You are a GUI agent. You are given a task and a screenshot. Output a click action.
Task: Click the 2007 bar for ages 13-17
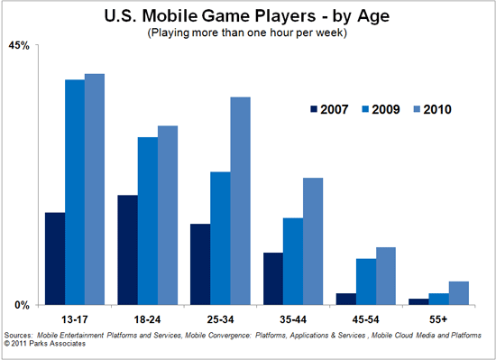click(54, 259)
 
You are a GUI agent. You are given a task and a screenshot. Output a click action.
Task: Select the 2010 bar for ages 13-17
click(95, 189)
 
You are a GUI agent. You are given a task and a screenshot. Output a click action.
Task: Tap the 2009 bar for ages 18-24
click(147, 221)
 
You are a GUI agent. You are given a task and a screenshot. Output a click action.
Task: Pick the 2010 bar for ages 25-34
click(240, 200)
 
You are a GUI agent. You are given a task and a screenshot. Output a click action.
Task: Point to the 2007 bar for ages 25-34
click(199, 264)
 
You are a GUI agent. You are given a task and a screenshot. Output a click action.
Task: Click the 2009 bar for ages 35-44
click(292, 261)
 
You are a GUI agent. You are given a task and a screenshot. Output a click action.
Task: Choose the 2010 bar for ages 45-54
click(386, 276)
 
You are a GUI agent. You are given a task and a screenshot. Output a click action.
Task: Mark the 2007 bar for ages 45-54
click(345, 299)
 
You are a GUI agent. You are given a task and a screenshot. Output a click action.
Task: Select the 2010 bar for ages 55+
click(459, 293)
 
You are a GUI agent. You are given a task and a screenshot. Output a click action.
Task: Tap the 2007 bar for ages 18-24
click(127, 250)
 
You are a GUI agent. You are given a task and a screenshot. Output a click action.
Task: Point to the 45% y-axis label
click(20, 45)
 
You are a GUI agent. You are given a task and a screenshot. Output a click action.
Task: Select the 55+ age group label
click(438, 319)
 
